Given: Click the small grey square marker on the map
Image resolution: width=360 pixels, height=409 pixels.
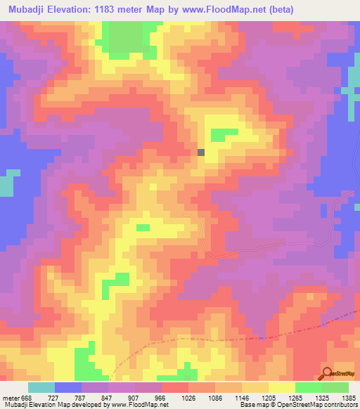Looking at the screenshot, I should (x=201, y=152).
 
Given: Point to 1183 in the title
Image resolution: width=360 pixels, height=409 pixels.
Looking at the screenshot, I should (x=106, y=9).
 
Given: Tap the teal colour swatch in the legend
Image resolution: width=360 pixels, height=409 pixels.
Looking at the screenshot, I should (x=41, y=387).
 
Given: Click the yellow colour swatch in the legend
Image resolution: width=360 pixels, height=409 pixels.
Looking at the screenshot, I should (x=281, y=387).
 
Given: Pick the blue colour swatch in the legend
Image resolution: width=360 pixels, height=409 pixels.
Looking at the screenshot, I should (x=68, y=387).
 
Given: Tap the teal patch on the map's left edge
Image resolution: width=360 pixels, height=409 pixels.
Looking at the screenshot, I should (x=6, y=184).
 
